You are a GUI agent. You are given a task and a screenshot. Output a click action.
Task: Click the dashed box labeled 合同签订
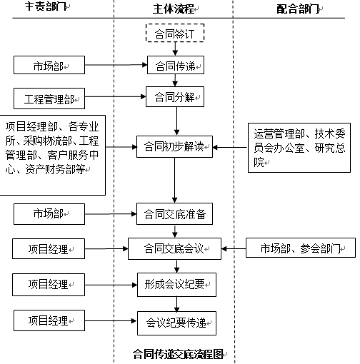pos(175,34)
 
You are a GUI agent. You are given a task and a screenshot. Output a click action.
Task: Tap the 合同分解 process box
pos(175,96)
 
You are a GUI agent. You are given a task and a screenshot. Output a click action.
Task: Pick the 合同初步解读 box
pos(175,148)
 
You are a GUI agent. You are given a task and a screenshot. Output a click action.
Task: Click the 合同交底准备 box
pos(175,213)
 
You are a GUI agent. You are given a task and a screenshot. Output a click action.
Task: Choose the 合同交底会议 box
pos(175,249)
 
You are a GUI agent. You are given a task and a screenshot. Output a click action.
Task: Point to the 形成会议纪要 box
pos(175,284)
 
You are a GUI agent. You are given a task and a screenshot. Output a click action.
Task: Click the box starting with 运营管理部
pos(300,148)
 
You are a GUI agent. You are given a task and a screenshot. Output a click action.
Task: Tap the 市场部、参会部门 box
pos(301,248)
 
